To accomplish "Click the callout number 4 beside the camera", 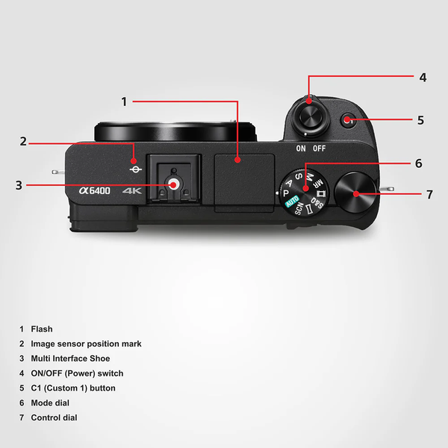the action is tap(423, 78).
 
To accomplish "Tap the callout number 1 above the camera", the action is tap(124, 102).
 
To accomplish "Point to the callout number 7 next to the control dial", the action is tap(429, 195).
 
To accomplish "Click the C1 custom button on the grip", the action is tap(348, 120).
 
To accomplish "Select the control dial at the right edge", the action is tap(355, 193).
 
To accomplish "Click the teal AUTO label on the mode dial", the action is tap(292, 201).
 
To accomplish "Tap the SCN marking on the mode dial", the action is tap(299, 208).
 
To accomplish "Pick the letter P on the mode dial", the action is tap(286, 193).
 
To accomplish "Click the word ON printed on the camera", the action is tap(301, 149).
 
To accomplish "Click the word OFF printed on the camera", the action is tap(319, 149).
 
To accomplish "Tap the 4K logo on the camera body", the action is tap(131, 190).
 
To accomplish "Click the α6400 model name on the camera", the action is tap(95, 190).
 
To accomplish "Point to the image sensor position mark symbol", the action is tap(135, 169).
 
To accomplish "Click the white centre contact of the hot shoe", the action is tap(174, 184).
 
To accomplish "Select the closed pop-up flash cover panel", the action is tap(244, 183).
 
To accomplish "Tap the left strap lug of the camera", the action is tap(58, 172).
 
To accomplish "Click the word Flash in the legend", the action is tap(42, 329).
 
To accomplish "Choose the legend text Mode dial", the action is tap(50, 403).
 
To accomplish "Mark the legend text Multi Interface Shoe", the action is tap(70, 358).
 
